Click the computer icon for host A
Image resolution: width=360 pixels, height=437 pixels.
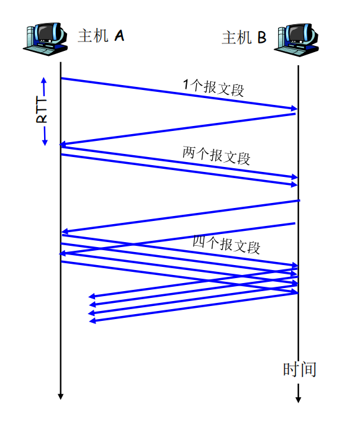tap(45, 39)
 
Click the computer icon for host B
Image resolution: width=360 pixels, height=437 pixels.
tap(297, 40)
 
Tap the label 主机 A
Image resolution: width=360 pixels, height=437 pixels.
tap(101, 35)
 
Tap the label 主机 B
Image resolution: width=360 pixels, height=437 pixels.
tap(244, 37)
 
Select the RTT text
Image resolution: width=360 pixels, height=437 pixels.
tap(42, 110)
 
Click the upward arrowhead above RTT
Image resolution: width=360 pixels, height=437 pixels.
tap(44, 80)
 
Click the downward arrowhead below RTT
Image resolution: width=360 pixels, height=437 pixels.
tap(45, 142)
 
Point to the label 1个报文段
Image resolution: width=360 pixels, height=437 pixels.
tap(214, 88)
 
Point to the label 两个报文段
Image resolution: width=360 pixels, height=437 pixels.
tap(216, 155)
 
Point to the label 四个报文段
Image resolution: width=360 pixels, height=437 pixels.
tap(227, 245)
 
